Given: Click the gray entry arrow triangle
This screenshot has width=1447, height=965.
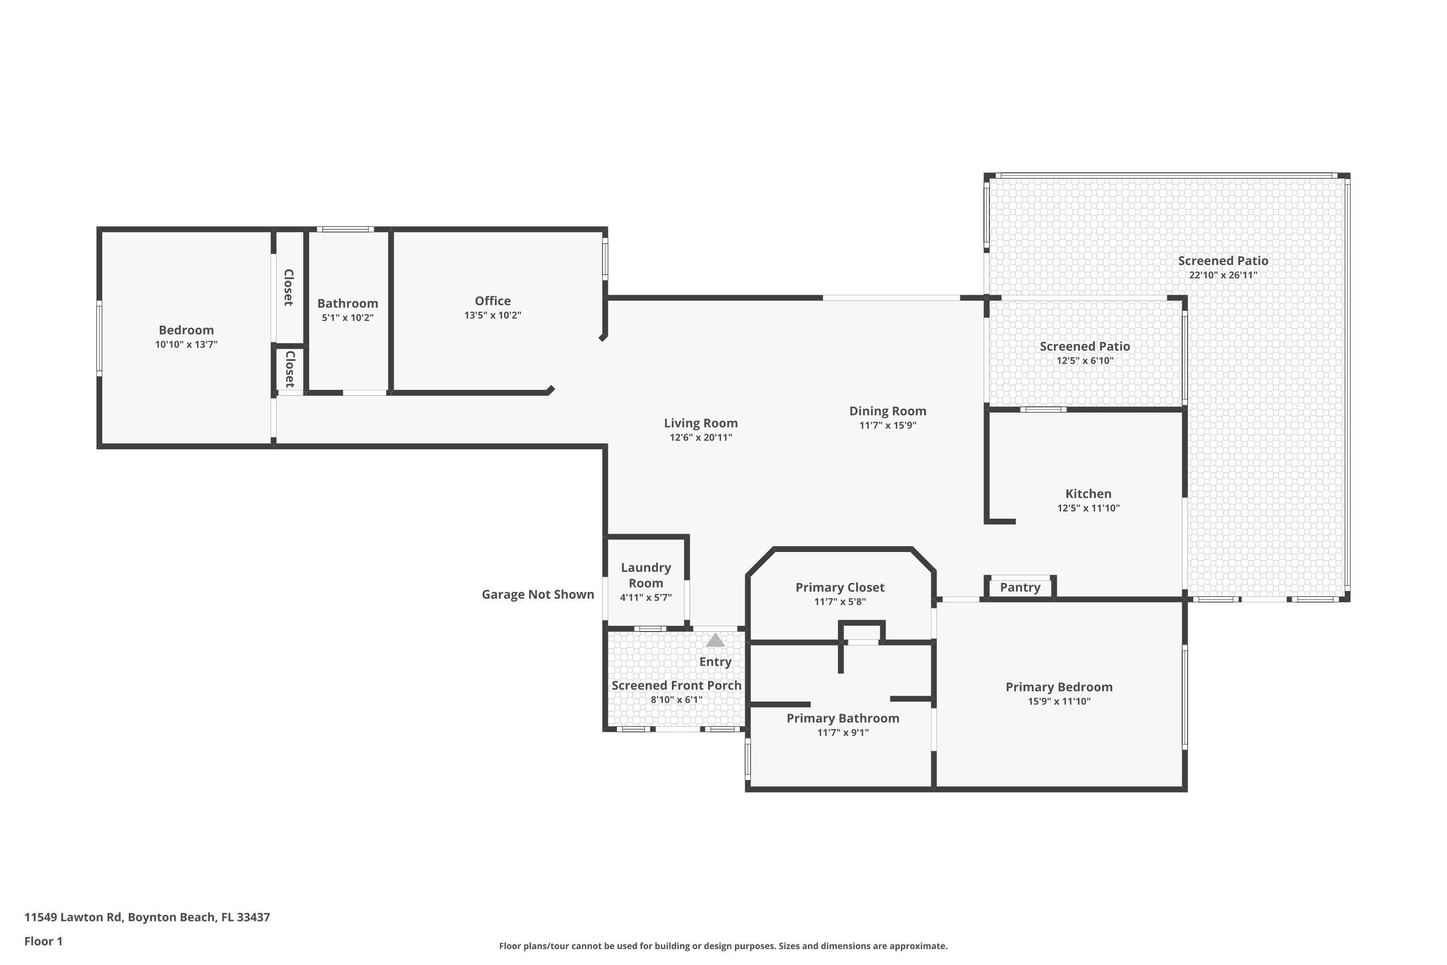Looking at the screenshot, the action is tap(715, 641).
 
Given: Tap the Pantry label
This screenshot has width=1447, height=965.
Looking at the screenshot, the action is tap(1020, 587).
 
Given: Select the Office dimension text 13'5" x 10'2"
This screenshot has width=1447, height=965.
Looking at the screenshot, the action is tap(493, 315).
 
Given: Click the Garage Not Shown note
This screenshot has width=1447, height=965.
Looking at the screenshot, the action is tap(538, 594).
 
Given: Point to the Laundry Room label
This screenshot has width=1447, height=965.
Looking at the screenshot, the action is tap(646, 576).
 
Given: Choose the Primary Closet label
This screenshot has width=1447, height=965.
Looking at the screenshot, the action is tap(840, 588).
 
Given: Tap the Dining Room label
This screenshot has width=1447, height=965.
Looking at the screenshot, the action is tap(888, 411).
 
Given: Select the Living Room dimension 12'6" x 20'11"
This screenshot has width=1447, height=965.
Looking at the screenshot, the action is tap(701, 438).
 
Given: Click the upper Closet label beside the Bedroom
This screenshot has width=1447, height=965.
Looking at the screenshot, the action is tap(288, 288).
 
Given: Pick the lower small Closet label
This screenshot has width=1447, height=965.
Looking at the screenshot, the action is tap(290, 369).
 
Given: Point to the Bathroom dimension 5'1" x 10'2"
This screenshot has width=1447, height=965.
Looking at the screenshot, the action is tap(348, 318).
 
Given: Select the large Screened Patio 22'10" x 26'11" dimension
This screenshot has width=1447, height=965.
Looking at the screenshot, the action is tap(1223, 275).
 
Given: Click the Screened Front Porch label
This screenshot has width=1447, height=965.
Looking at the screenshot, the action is tap(677, 686).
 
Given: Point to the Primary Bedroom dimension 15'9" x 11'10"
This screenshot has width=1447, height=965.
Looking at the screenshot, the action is tap(1059, 702).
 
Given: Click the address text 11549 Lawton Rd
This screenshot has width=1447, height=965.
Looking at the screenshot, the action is tap(74, 917).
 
